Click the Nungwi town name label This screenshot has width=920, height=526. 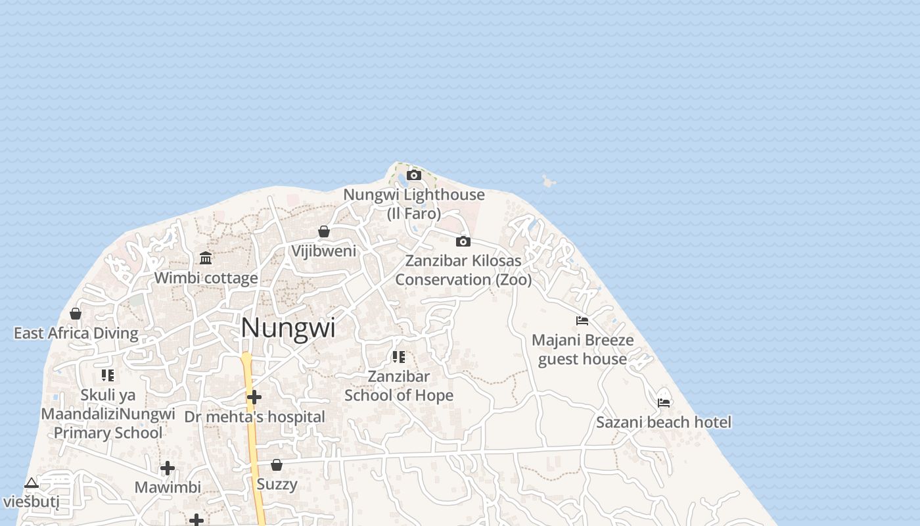288,327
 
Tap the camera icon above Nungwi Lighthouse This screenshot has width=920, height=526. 414,175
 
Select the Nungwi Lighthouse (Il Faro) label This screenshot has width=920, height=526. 414,204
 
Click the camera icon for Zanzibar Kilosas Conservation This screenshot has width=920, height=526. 463,241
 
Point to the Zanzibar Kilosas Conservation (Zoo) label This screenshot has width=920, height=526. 463,270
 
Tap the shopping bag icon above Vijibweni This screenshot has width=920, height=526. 323,231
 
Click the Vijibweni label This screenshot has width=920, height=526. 324,251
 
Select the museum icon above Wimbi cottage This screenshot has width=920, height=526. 206,258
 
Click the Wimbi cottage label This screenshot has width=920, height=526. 206,278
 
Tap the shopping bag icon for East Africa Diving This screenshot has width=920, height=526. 76,314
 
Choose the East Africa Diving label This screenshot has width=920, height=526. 76,333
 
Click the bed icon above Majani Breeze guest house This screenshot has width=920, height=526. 582,321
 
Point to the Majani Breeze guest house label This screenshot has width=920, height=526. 583,349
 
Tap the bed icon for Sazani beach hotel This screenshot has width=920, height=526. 664,402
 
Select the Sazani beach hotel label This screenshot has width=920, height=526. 664,422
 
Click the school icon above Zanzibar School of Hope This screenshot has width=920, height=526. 399,357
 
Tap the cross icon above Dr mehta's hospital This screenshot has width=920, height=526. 254,397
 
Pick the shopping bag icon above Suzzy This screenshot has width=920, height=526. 277,465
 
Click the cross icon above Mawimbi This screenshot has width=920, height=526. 168,468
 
